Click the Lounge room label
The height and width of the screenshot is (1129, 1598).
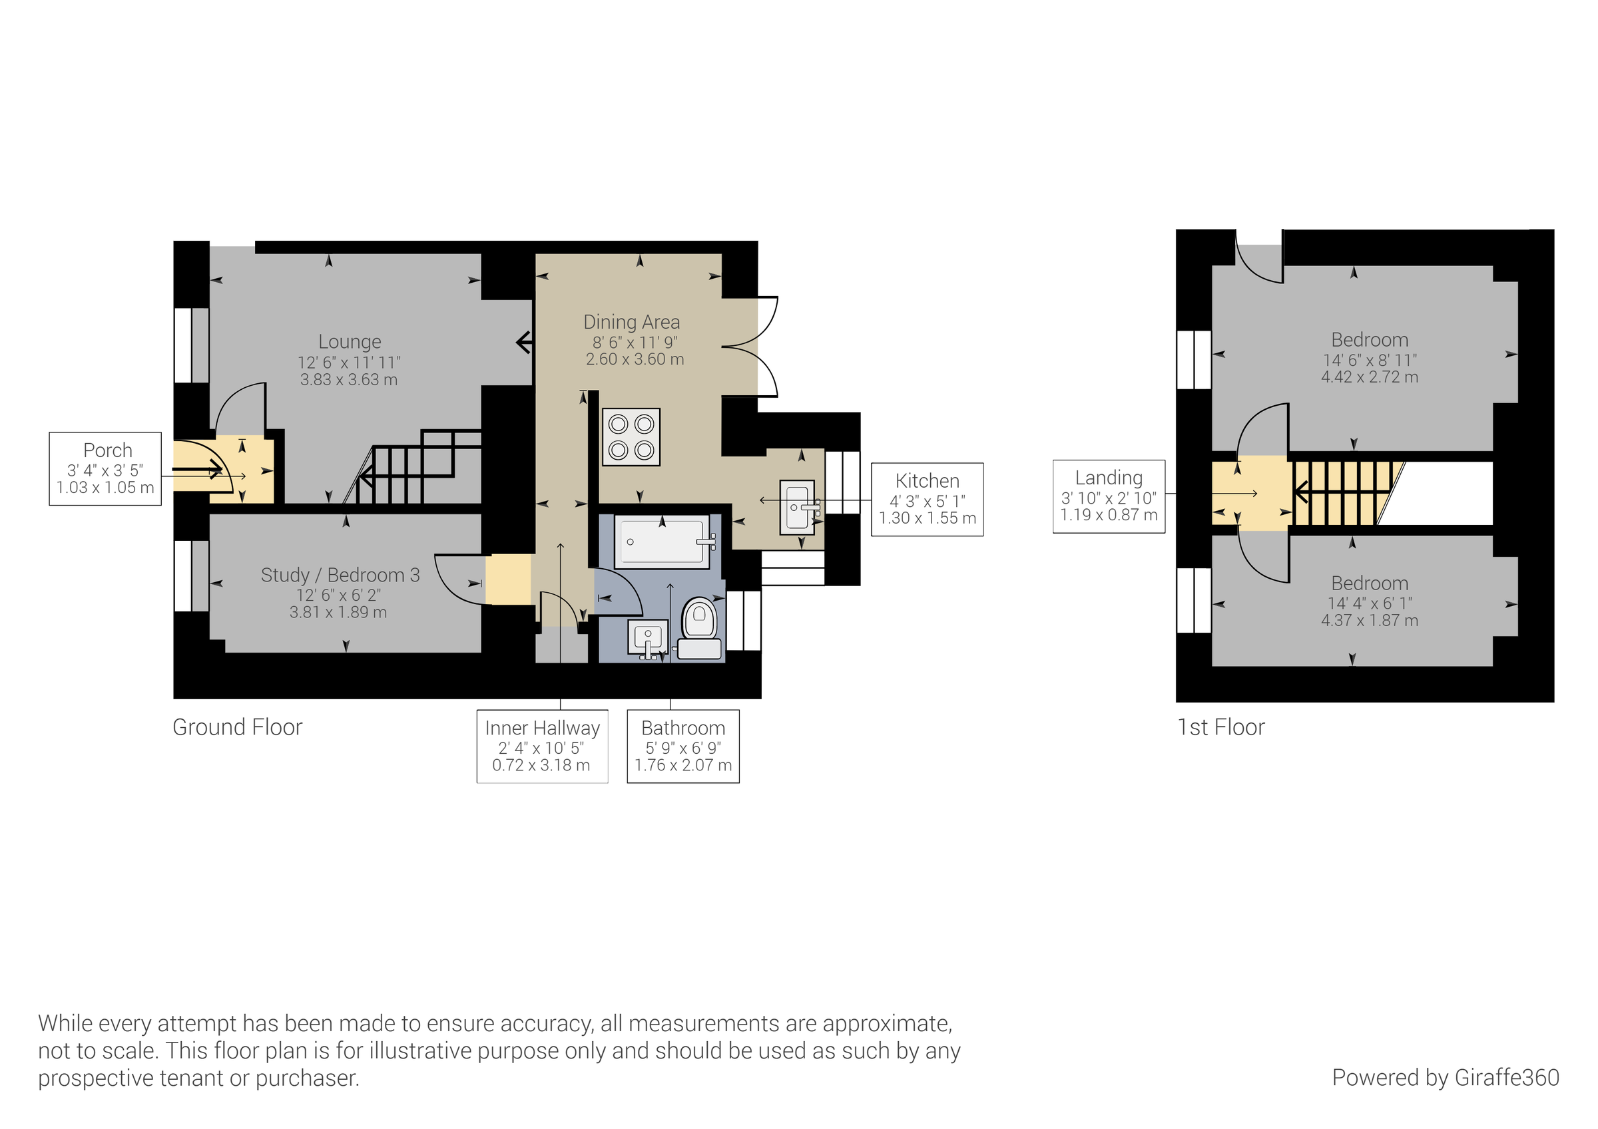point(350,342)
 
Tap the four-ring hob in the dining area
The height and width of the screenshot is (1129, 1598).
point(631,437)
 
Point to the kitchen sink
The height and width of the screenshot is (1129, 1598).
point(797,508)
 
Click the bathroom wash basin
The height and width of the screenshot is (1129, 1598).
point(647,638)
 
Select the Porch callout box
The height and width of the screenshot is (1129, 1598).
point(105,469)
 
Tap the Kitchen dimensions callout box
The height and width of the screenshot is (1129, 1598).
point(927,500)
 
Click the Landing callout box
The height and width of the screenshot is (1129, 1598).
point(1109,497)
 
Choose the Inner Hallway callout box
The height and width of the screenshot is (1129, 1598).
point(542,746)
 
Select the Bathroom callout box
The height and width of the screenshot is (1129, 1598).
point(682,746)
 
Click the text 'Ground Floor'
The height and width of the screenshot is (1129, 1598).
point(237,728)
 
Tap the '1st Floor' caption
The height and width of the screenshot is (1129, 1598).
point(1220,728)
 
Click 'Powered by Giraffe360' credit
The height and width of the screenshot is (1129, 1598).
point(1445,1078)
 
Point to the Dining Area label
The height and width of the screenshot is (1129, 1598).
point(631,323)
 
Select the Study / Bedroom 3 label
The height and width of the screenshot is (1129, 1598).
point(340,575)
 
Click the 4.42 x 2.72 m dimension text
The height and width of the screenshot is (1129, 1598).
point(1369,378)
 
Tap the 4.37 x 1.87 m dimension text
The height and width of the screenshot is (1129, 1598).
point(1369,621)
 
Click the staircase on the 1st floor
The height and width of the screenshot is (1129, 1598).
point(1340,493)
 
